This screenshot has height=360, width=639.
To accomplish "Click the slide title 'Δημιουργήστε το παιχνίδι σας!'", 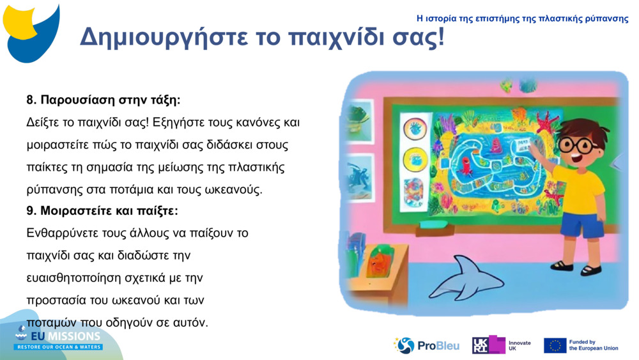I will pos(261,38).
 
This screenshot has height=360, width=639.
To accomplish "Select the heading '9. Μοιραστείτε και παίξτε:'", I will pos(102,210).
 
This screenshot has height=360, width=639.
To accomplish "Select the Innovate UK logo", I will pos(501,345).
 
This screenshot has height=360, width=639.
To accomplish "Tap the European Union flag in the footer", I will pos(555,346).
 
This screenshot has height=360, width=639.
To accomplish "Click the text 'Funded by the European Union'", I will pos(593,345).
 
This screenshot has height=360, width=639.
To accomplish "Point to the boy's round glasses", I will pos(578,145).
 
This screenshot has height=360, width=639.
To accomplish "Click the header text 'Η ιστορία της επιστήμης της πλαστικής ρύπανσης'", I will pos(522,19).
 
